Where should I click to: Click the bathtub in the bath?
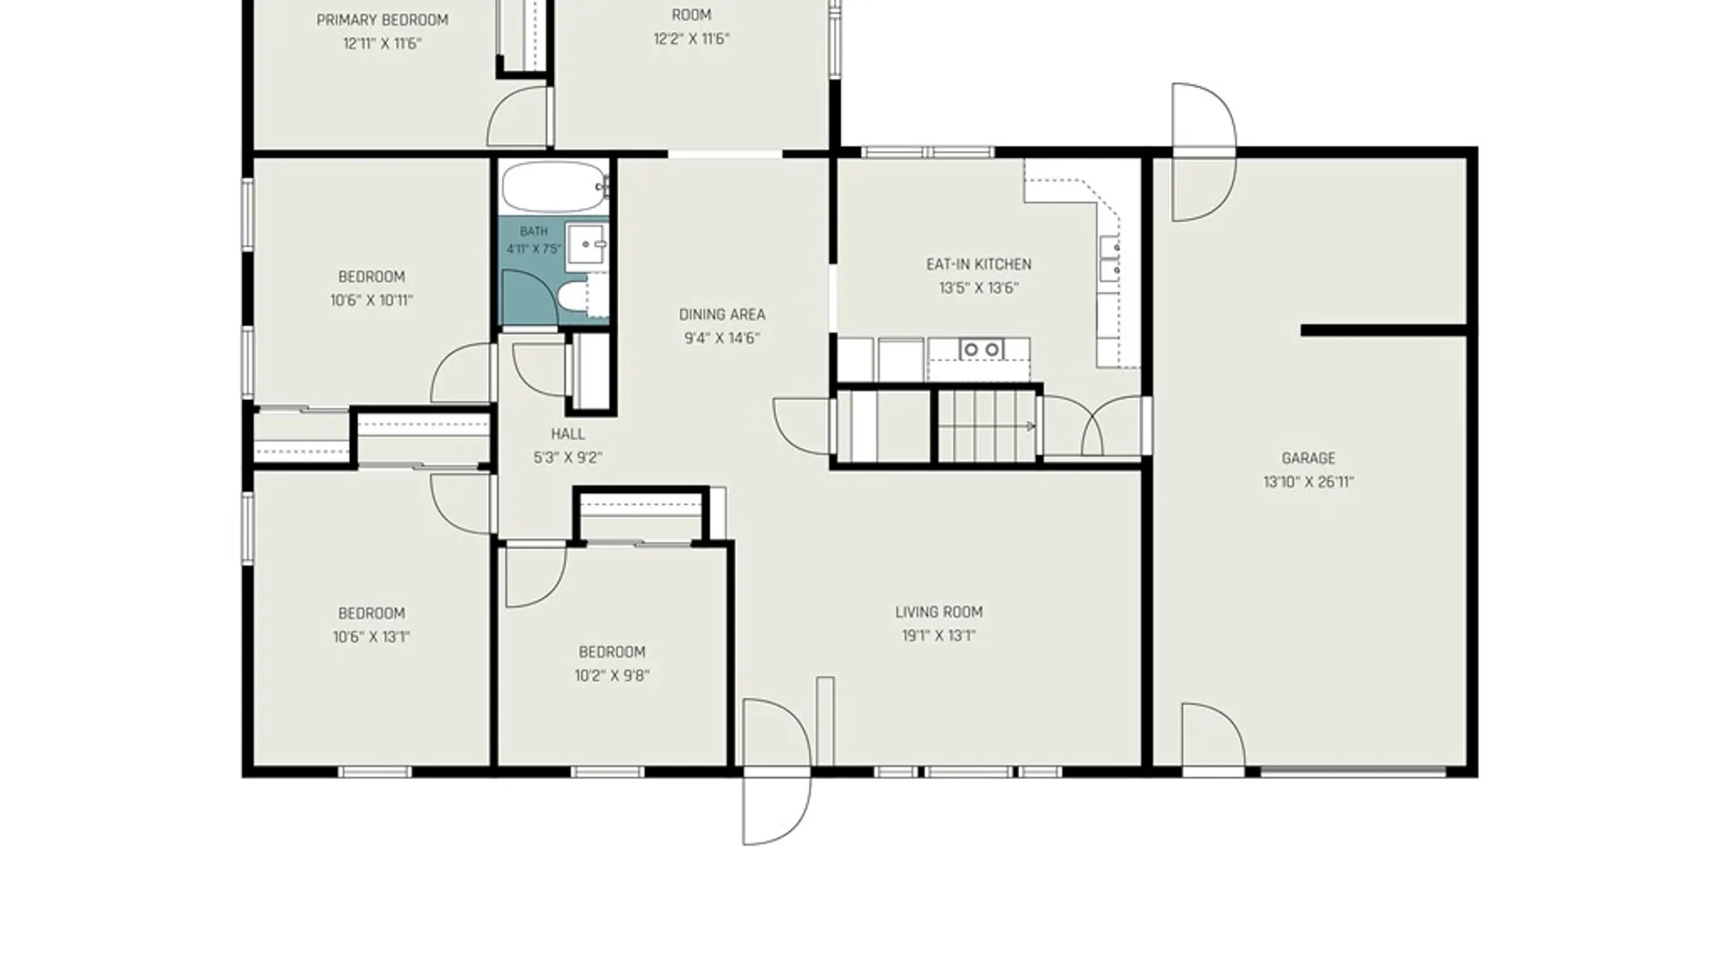coord(556,187)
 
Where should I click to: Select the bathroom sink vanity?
coord(588,244)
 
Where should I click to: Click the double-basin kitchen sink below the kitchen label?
coord(982,349)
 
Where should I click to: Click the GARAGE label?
coord(1308,458)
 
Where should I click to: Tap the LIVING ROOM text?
coord(939,612)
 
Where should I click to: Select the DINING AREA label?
coord(722,314)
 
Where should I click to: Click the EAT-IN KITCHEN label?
coord(979,264)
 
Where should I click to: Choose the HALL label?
coord(568,434)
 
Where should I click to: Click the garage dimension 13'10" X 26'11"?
coord(1308,482)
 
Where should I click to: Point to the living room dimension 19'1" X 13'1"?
coord(939,636)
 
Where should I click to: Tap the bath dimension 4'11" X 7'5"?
coord(534,249)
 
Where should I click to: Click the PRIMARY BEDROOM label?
coord(383,20)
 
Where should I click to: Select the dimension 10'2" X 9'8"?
coord(612,675)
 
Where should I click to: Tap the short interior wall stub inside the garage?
coord(1383,331)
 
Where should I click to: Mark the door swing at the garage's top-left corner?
coord(1204,152)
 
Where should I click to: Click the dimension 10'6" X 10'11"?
coord(371,301)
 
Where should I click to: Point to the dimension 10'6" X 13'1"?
coord(371,637)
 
